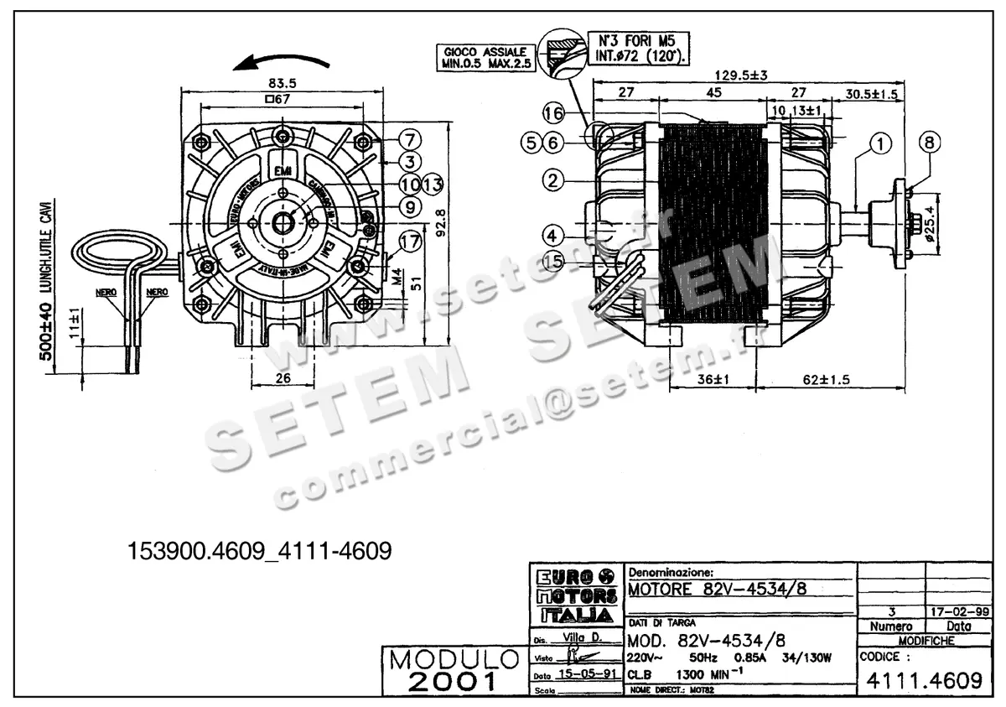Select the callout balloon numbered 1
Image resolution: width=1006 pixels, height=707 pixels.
(879, 144)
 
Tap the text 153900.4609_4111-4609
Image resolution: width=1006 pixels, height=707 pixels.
(260, 551)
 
